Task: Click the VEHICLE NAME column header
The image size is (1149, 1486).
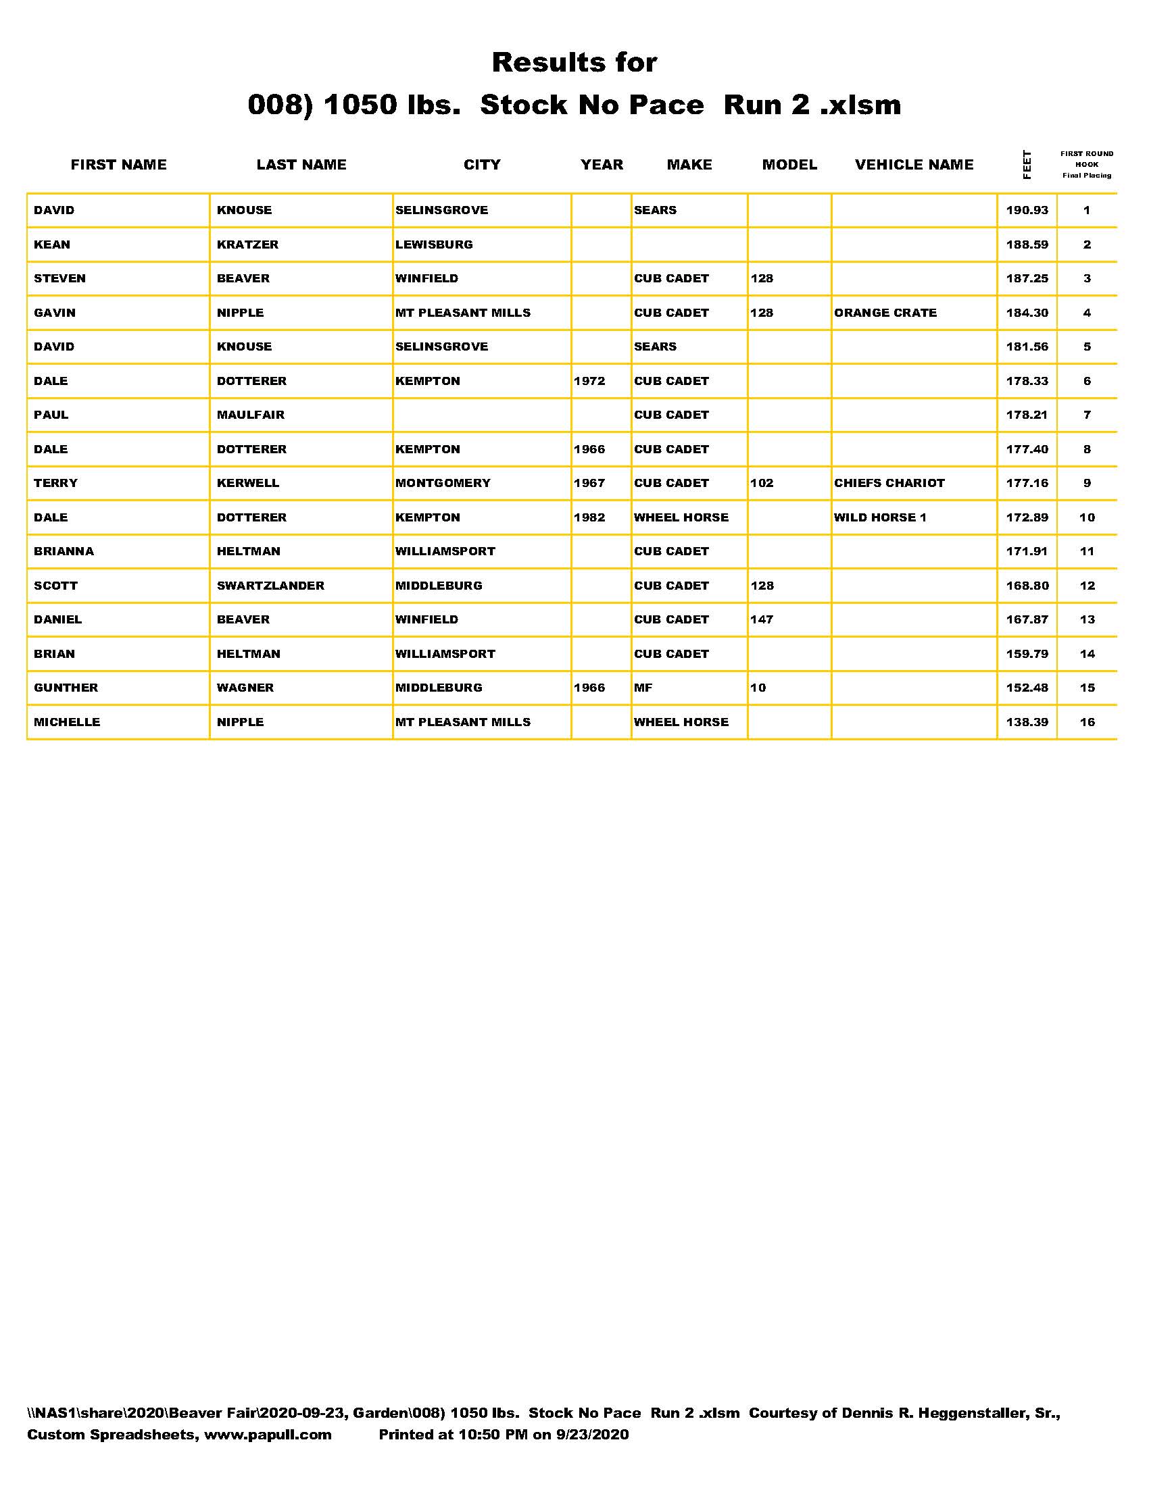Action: click(914, 165)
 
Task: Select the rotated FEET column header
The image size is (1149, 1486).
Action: click(1027, 165)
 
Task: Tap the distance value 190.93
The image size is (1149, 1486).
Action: click(1027, 210)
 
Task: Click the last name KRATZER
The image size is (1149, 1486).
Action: click(247, 245)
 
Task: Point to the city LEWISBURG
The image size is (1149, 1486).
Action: click(434, 245)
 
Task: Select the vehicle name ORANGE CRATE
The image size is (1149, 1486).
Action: click(885, 313)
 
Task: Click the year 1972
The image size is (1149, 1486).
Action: click(589, 381)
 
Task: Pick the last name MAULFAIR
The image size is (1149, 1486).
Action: click(251, 415)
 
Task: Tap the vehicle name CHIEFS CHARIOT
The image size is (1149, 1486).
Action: click(889, 483)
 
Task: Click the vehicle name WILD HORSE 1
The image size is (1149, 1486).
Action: click(879, 517)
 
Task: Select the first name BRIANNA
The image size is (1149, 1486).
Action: click(64, 551)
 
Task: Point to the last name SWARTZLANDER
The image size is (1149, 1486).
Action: click(270, 586)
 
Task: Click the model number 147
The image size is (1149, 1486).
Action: click(762, 620)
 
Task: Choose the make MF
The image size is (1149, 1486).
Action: click(643, 688)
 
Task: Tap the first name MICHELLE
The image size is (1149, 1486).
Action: click(67, 722)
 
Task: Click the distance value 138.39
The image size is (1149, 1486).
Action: click(1027, 722)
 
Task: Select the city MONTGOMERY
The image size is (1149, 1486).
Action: click(443, 483)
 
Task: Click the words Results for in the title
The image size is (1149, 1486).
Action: click(574, 63)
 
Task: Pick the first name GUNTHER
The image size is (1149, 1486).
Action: click(66, 688)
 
